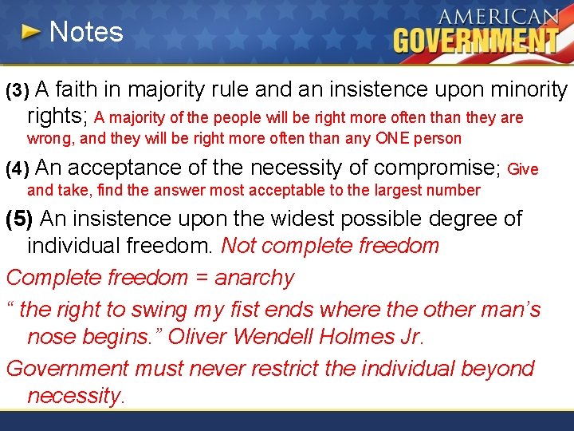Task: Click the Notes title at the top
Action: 86,32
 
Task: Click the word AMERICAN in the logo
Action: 498,18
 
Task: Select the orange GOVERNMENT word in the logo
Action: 476,40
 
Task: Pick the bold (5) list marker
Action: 19,219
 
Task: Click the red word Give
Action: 523,169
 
